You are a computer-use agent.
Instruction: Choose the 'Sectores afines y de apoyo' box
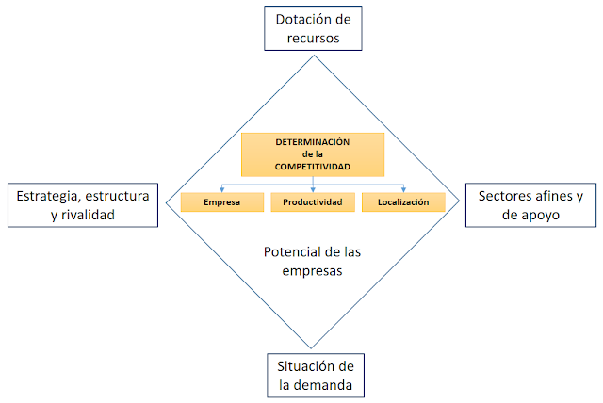tap(530, 204)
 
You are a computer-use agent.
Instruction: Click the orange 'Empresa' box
tap(222, 201)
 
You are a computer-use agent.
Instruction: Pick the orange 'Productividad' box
tap(313, 201)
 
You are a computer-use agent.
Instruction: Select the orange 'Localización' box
tap(403, 201)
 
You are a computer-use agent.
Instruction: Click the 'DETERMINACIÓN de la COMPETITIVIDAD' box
tap(313, 153)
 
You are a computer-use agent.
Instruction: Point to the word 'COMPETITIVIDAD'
tap(313, 166)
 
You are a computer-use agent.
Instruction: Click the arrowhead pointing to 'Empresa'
tap(222, 189)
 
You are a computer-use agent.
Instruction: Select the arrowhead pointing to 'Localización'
tap(403, 189)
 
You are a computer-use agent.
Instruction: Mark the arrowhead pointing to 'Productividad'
tap(313, 189)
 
